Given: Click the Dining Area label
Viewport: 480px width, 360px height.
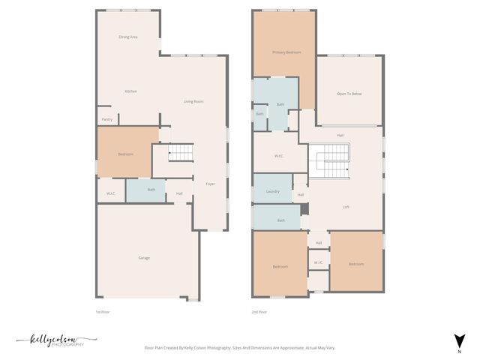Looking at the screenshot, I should pos(128,37).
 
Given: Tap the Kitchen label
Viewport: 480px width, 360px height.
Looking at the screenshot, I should pos(131,91).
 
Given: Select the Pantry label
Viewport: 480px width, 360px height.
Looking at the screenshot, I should pos(106,119).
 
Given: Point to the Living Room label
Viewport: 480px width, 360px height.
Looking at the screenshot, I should pos(194,102).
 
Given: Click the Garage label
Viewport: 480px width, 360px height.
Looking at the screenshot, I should pos(144,258).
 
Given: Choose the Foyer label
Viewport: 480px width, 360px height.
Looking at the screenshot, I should pos(210,184).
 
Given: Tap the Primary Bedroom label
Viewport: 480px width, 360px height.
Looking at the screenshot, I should pos(286,52).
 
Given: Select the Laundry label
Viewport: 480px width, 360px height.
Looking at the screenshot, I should pos(273,192).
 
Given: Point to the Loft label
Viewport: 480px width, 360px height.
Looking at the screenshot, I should pos(346,207).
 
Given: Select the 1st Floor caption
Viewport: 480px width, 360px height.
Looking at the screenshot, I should pos(103,311).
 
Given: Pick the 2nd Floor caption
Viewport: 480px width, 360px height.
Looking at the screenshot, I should pos(259,311).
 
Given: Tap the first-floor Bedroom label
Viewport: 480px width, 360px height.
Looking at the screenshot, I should pos(126,154).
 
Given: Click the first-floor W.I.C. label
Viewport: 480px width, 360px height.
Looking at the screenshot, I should pos(110,193).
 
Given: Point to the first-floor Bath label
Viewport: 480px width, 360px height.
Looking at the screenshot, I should pos(151,190).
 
